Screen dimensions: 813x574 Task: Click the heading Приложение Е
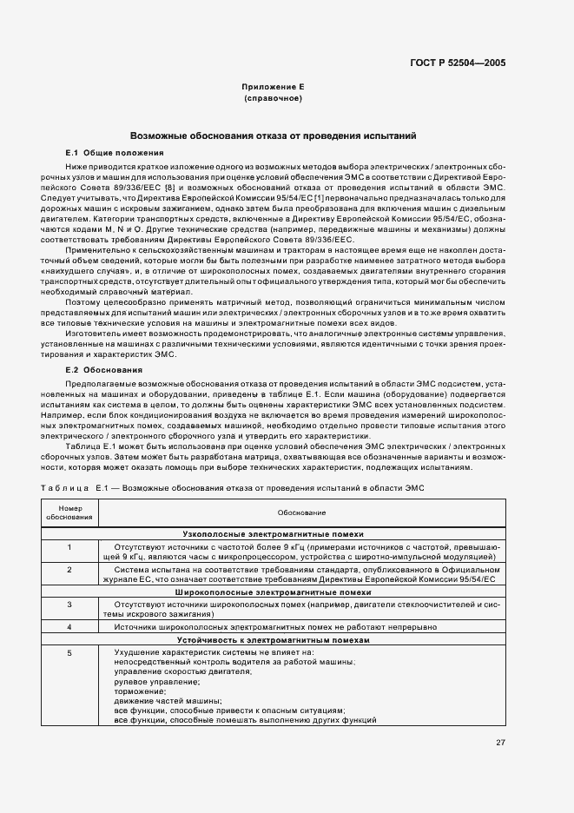coord(273,88)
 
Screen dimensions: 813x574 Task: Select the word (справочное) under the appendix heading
coord(273,99)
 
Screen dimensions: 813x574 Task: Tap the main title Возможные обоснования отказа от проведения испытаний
coord(273,135)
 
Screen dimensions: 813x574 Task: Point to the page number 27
coord(500,742)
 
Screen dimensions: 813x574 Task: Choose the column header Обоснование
coord(300,513)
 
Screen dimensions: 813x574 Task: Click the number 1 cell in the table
coord(69,546)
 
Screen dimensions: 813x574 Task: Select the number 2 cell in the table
coord(69,569)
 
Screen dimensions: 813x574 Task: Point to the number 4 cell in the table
coord(69,626)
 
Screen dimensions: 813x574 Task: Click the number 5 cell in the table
coord(69,652)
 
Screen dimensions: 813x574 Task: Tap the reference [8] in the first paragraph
coord(173,188)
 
